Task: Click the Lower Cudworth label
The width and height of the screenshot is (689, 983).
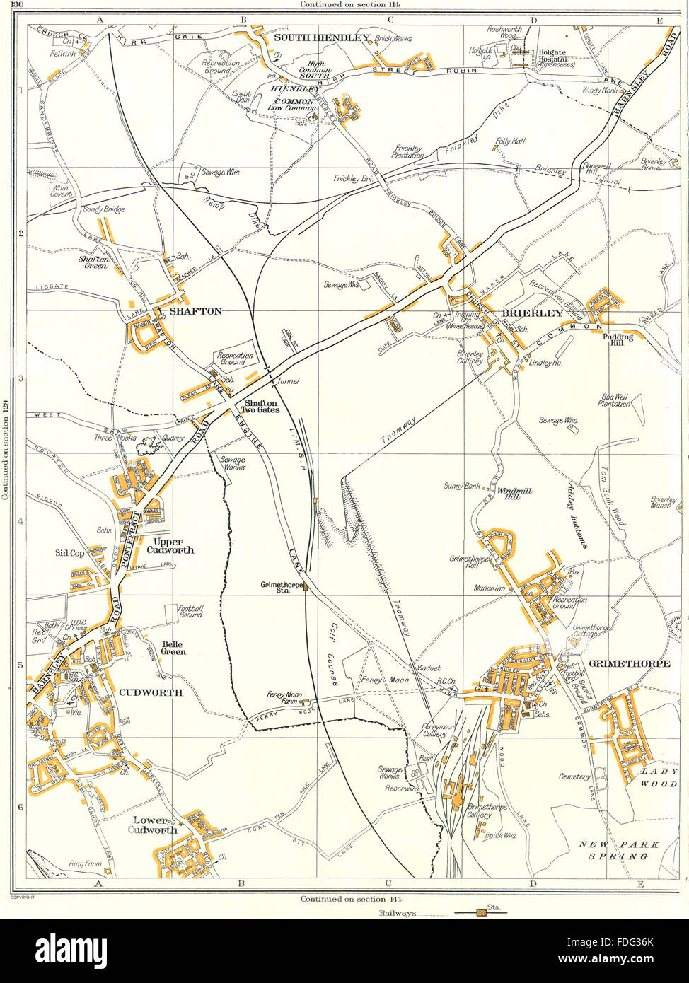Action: pyautogui.click(x=154, y=825)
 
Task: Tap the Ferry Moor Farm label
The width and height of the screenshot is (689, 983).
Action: pyautogui.click(x=284, y=698)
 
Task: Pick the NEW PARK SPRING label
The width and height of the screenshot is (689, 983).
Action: pyautogui.click(x=613, y=850)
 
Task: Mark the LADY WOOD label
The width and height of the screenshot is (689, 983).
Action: pyautogui.click(x=659, y=779)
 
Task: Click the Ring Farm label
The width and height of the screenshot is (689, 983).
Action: pyautogui.click(x=85, y=863)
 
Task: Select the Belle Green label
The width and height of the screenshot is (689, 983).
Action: pyautogui.click(x=173, y=648)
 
